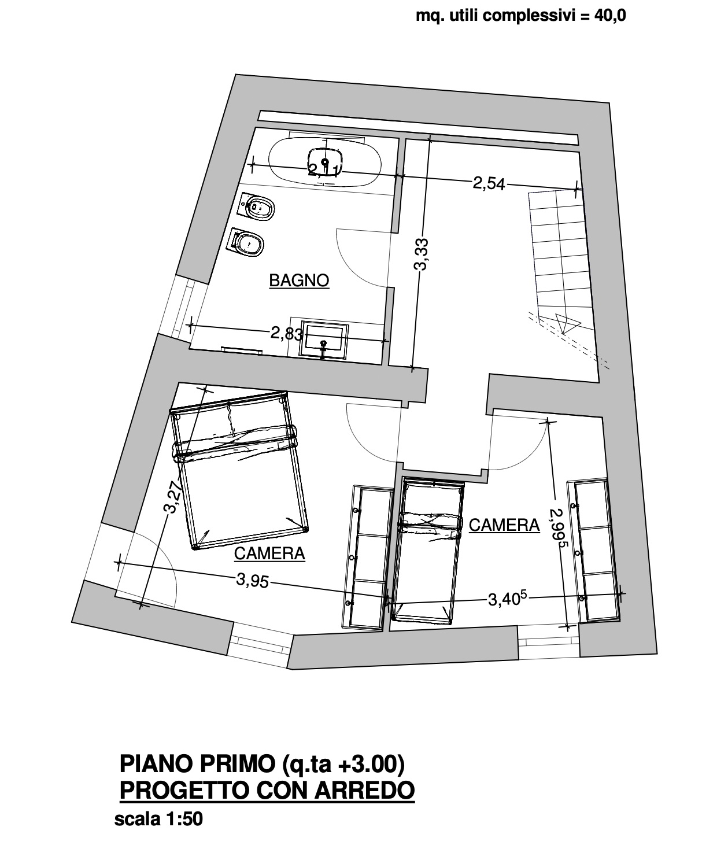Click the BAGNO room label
pos(299,280)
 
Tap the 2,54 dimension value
pos(489,183)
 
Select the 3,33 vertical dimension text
pos(422,254)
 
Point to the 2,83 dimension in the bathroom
pos(287,333)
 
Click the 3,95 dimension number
pos(253,580)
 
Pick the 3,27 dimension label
pos(173,497)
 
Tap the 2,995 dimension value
pos(557,529)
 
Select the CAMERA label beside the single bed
pos(504,525)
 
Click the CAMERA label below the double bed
pos(269,553)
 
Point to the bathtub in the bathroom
pos(324,164)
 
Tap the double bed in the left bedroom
pos(239,470)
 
